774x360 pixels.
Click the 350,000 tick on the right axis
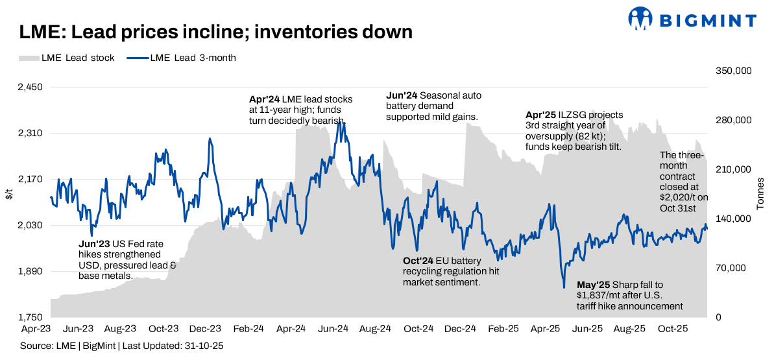click(x=733, y=71)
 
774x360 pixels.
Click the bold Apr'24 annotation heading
click(x=264, y=100)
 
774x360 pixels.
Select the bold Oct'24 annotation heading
click(x=418, y=261)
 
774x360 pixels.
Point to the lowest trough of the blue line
click(x=564, y=287)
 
